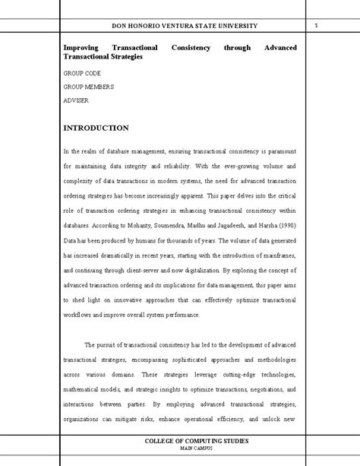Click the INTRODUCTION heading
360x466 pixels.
click(x=96, y=128)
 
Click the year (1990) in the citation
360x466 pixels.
click(x=283, y=225)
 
